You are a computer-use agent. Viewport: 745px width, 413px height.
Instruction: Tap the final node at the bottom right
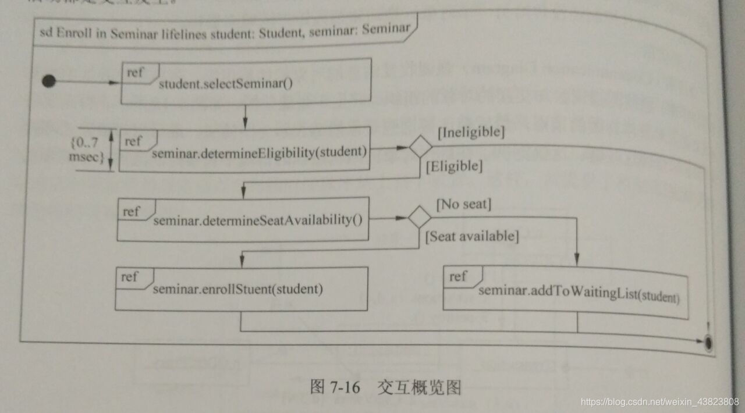(708, 343)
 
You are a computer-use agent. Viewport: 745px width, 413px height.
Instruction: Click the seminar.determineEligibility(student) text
(260, 153)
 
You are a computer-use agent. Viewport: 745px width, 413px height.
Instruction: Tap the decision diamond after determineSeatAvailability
(420, 218)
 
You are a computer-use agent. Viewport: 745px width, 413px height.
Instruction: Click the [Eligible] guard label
(455, 166)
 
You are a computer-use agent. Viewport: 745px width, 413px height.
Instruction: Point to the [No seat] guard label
(464, 204)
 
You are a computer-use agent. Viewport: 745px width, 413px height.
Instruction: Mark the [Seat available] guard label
(472, 236)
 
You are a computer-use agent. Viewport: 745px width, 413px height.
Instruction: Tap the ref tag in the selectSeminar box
(135, 73)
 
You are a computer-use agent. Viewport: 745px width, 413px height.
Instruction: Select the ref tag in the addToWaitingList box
(458, 276)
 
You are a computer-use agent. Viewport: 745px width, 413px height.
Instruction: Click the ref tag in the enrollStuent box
(129, 276)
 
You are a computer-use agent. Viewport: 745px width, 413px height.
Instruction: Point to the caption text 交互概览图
(419, 387)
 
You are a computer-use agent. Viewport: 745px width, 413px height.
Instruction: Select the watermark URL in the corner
(660, 402)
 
